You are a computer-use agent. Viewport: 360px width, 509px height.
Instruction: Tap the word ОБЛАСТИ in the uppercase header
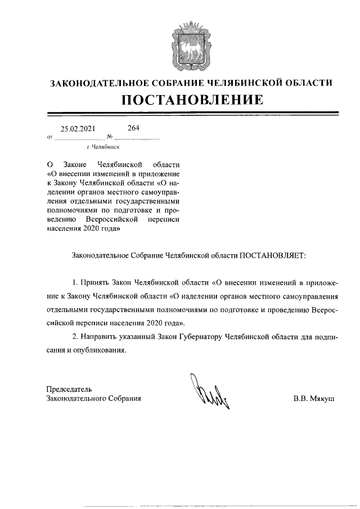pos(308,83)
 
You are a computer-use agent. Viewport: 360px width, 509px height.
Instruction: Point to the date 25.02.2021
pos(78,129)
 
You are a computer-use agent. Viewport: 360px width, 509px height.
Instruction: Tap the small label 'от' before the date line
pos(50,137)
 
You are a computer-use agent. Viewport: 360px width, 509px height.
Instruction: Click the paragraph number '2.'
pos(76,336)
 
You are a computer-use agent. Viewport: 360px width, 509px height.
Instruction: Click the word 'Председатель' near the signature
pos(69,389)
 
